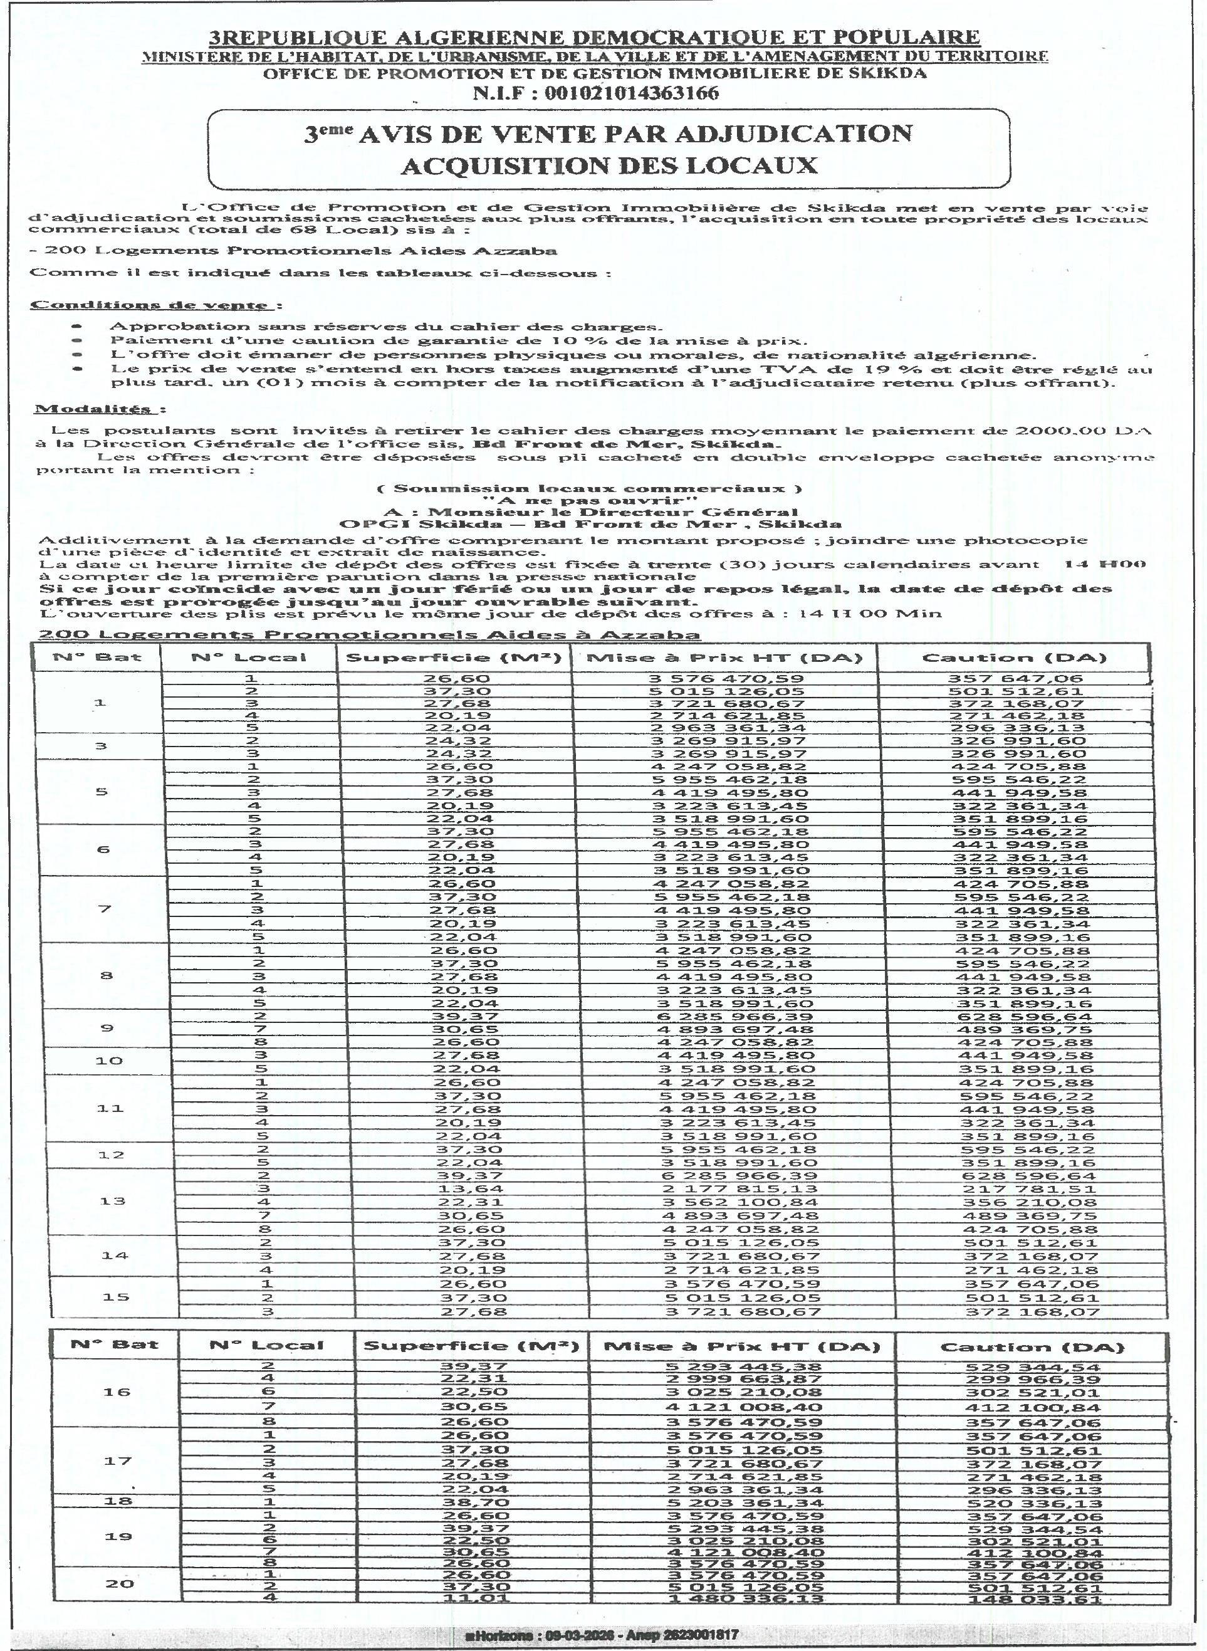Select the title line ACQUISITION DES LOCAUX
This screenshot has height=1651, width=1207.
point(609,165)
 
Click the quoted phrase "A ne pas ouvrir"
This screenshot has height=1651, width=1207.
point(590,501)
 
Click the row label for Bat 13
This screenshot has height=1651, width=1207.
point(113,1201)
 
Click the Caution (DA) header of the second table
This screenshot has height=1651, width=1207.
point(1031,1347)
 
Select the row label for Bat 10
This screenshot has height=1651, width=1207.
point(108,1061)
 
